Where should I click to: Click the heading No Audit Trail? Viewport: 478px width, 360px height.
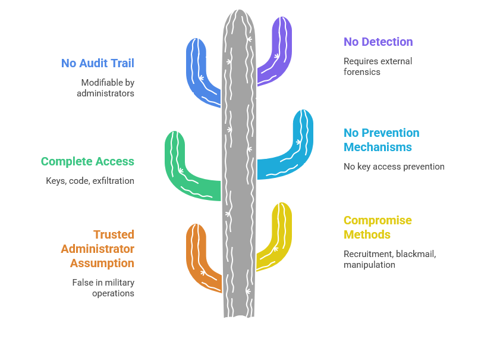[98, 63]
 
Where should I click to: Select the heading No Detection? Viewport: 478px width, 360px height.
[378, 42]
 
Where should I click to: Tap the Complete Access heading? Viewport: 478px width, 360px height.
[87, 161]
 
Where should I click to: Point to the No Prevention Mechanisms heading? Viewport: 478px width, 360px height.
[381, 140]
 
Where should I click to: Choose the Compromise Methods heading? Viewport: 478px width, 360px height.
[378, 227]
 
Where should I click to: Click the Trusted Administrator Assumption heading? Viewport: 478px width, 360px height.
[98, 249]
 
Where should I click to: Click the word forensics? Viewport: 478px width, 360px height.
[362, 72]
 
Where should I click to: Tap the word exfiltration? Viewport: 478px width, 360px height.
[113, 181]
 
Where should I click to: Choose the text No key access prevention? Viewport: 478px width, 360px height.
[394, 167]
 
